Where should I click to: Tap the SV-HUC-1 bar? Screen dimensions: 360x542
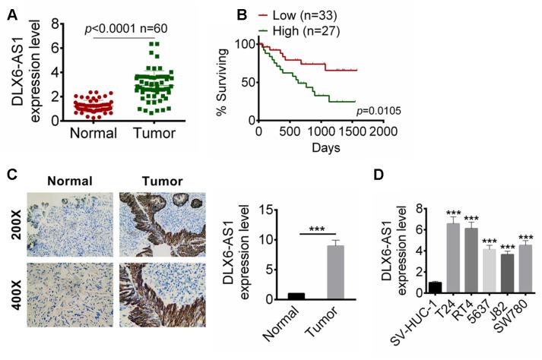point(413,287)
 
